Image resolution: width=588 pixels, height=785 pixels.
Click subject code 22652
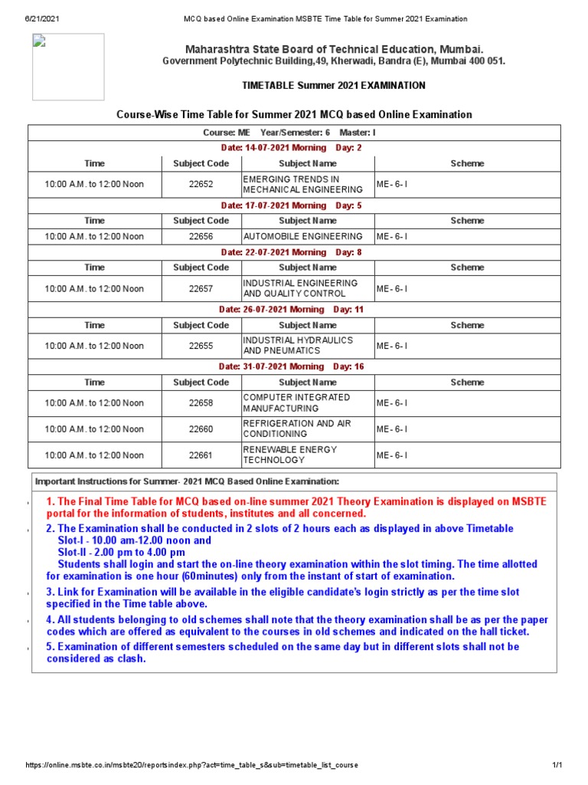tap(201, 184)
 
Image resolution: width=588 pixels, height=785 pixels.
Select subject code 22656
tap(201, 236)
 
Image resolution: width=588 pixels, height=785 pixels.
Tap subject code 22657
tap(201, 289)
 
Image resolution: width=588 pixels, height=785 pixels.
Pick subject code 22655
tap(201, 346)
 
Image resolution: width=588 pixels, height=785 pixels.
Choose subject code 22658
tap(201, 403)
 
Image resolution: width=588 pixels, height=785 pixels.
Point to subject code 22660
tap(201, 429)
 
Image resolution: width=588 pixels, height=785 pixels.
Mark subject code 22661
tap(201, 455)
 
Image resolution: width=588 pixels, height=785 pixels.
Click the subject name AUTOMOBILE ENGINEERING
tap(302, 236)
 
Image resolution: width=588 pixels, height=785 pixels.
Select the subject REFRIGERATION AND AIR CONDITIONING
tap(296, 429)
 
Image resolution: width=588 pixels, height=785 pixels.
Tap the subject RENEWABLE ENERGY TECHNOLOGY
tap(290, 455)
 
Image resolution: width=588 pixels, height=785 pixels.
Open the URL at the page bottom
tap(191, 765)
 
